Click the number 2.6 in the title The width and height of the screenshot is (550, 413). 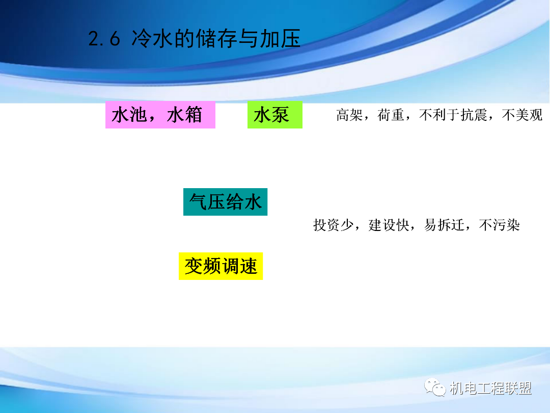tap(104, 40)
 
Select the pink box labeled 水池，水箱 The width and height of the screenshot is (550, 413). tap(160, 115)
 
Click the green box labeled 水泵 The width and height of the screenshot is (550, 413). tap(274, 115)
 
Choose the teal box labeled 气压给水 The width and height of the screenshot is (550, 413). tap(225, 202)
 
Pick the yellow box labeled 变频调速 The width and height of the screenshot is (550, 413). tap(221, 266)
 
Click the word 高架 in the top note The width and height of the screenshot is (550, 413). tap(348, 115)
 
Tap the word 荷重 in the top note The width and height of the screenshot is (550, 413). tap(390, 115)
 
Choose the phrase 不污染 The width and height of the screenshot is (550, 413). tap(499, 225)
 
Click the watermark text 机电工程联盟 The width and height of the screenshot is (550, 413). tap(491, 389)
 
